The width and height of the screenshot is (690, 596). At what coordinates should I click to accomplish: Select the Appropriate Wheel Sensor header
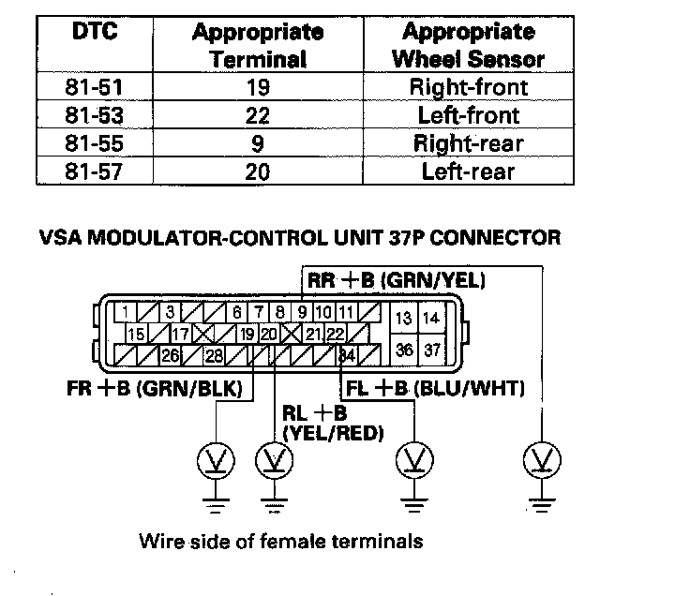pyautogui.click(x=469, y=45)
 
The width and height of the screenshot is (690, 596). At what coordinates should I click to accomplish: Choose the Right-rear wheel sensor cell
pyautogui.click(x=469, y=143)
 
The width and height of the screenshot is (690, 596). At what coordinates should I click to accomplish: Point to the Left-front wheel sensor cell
pyautogui.click(x=469, y=116)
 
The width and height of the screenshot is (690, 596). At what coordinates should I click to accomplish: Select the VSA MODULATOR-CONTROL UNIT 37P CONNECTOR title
pyautogui.click(x=300, y=238)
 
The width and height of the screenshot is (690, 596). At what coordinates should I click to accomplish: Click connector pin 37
pyautogui.click(x=431, y=350)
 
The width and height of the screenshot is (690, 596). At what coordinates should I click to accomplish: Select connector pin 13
pyautogui.click(x=404, y=319)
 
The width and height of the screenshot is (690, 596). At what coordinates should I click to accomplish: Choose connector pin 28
pyautogui.click(x=214, y=355)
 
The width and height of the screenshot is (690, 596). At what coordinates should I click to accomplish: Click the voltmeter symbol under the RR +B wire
pyautogui.click(x=542, y=459)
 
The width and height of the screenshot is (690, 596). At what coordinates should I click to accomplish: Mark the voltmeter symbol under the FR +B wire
pyautogui.click(x=216, y=460)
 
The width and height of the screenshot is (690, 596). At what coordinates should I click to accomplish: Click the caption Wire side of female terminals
pyautogui.click(x=281, y=541)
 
